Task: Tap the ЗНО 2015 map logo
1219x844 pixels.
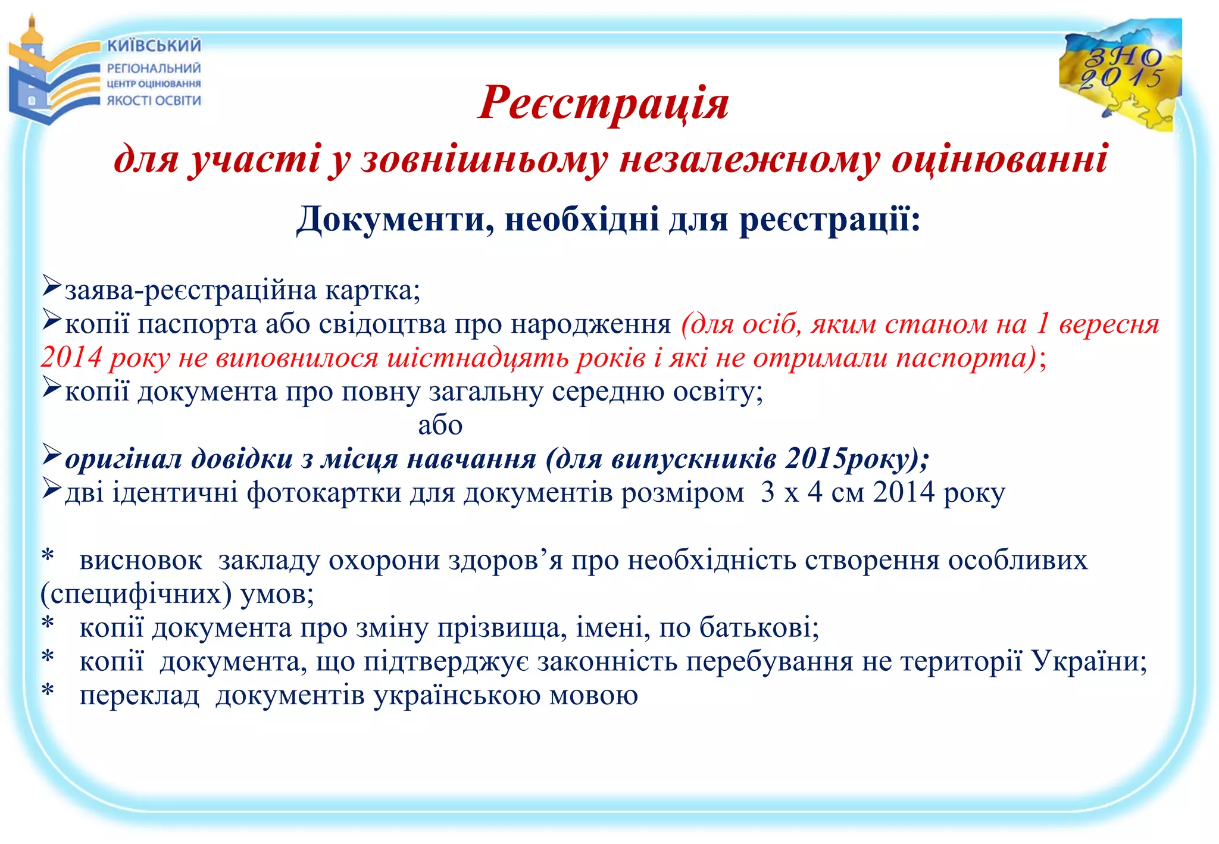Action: pos(1120,74)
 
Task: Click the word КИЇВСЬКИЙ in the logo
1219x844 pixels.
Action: pos(154,46)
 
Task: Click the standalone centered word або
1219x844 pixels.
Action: pos(440,425)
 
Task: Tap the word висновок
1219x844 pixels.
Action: pos(140,561)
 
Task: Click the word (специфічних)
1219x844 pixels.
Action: pos(136,594)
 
